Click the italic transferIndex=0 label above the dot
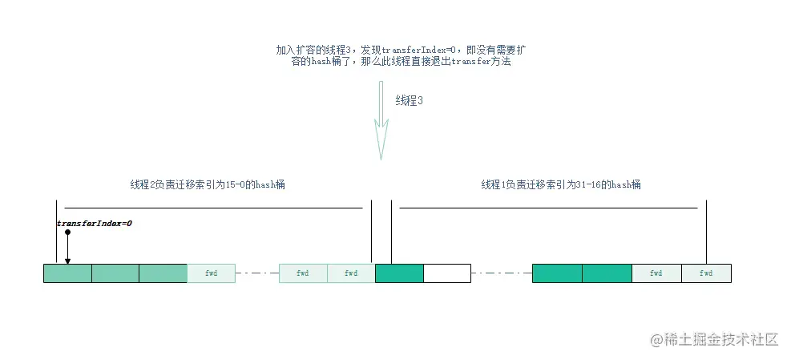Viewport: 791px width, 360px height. [x=94, y=224]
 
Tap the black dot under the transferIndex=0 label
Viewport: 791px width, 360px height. [x=68, y=233]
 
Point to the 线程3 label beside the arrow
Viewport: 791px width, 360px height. [x=409, y=101]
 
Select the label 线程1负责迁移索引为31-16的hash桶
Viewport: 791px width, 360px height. [x=560, y=184]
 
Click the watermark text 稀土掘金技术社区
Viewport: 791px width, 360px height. [x=714, y=339]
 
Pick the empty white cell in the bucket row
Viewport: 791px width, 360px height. [x=446, y=273]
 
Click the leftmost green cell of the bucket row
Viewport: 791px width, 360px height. [x=67, y=273]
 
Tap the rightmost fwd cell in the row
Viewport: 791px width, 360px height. [x=706, y=273]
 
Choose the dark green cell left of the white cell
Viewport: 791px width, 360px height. [x=399, y=273]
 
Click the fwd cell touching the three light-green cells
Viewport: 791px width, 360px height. [x=211, y=273]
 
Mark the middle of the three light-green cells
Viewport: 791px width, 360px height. [x=115, y=273]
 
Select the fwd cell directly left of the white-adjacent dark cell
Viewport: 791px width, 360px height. [x=351, y=273]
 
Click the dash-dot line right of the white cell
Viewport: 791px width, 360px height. [x=501, y=273]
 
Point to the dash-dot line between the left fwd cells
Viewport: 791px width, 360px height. [x=257, y=273]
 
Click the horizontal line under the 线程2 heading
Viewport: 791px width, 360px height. [x=213, y=208]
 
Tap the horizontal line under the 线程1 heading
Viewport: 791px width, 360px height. [x=548, y=208]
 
